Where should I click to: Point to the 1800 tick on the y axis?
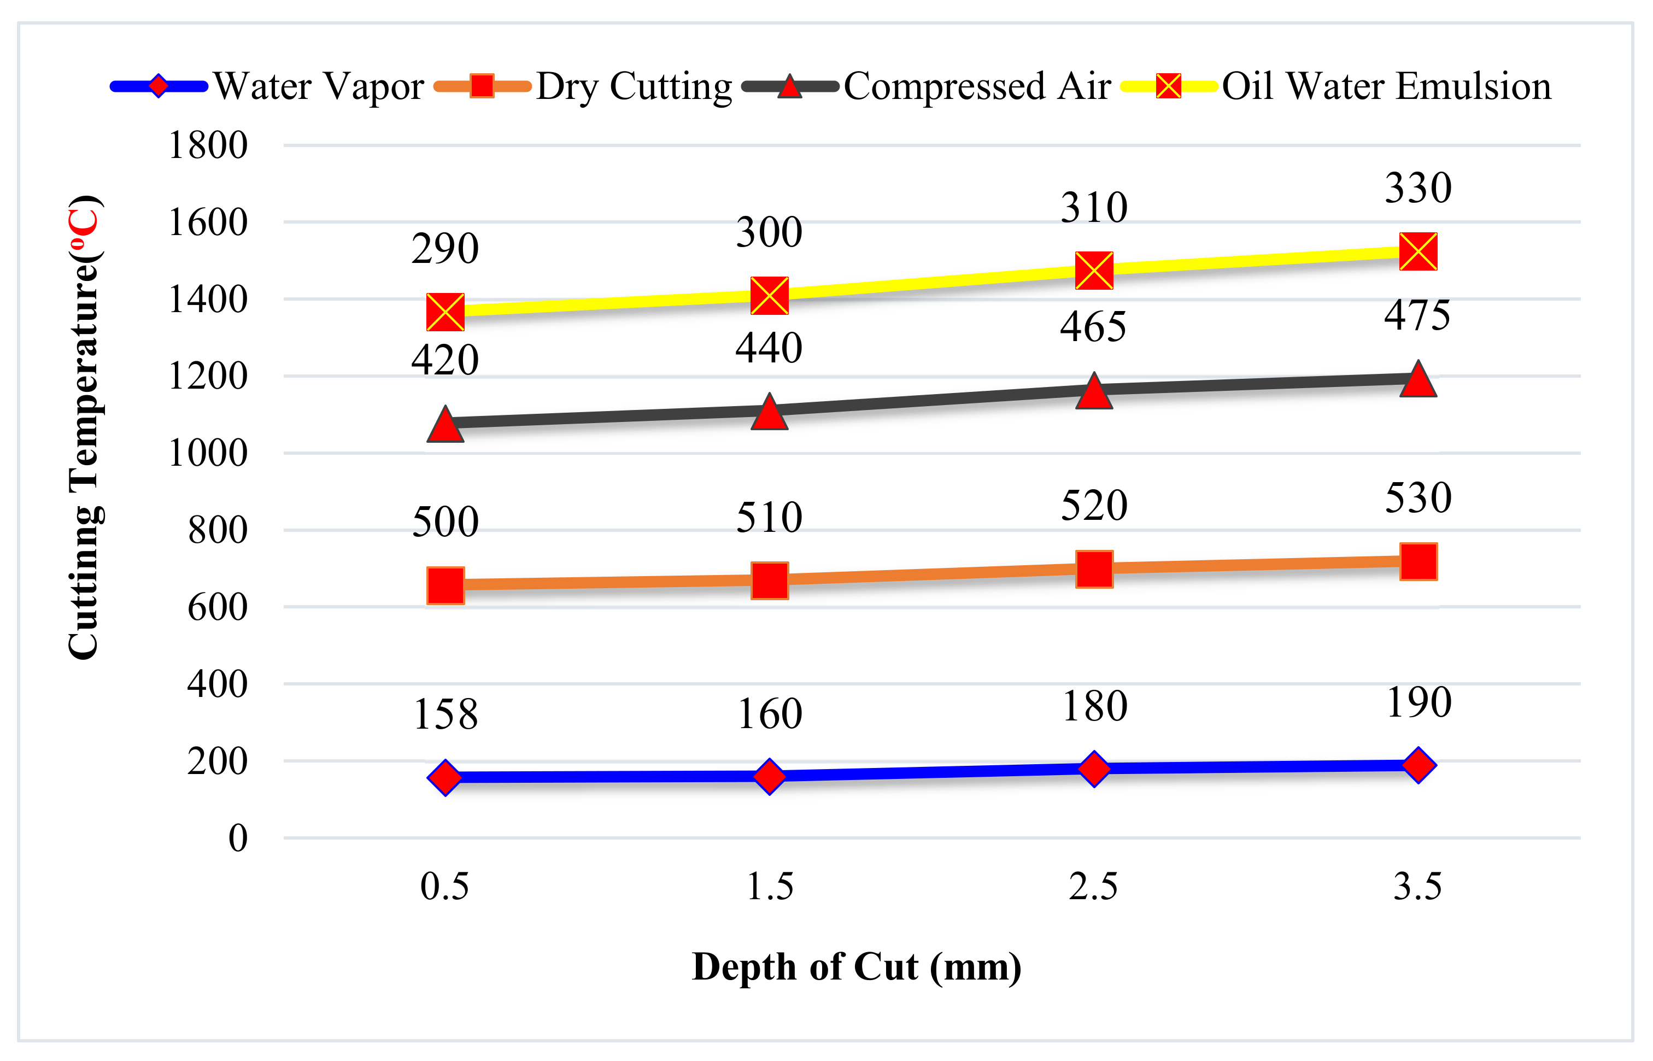click(208, 145)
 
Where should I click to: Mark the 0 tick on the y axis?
click(238, 839)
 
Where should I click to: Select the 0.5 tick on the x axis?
click(445, 886)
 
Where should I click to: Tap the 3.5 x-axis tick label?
click(1417, 886)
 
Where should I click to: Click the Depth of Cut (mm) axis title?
click(856, 966)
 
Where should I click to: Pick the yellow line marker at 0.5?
click(445, 312)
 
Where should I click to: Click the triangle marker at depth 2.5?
click(1094, 392)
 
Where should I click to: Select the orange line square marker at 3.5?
click(1418, 561)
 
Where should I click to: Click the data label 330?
click(1418, 188)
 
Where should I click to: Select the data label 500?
click(445, 521)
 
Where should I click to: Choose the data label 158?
click(445, 714)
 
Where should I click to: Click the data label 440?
click(769, 347)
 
